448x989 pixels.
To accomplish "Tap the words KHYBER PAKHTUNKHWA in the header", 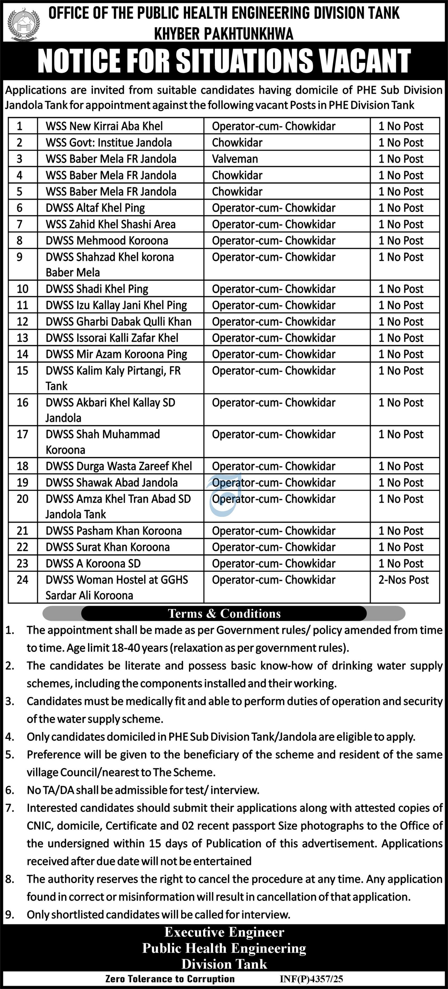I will click(224, 34).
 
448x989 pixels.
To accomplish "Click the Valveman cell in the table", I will click(235, 159).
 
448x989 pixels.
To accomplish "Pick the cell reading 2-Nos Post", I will click(403, 579).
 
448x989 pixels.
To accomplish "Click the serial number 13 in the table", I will click(22, 338).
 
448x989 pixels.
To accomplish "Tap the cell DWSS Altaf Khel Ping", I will click(95, 208).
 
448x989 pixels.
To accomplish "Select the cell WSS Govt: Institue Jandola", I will click(109, 142).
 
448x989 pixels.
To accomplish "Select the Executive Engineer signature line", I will click(224, 932).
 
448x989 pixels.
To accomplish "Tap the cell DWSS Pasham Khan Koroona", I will click(113, 531).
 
